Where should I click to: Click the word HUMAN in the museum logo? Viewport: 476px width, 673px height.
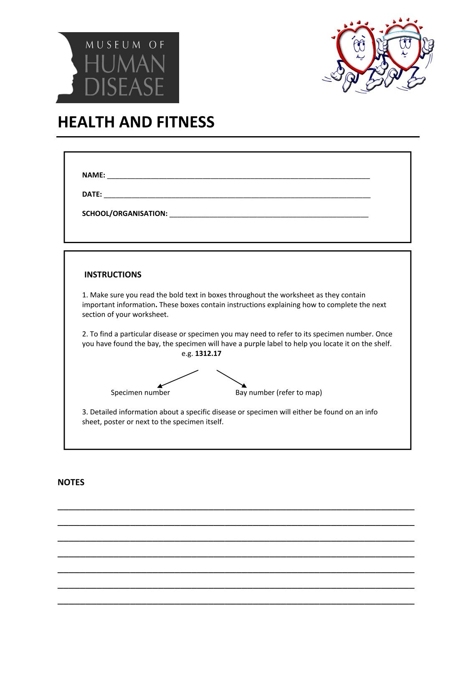click(124, 65)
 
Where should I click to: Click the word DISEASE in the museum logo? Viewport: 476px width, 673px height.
click(124, 86)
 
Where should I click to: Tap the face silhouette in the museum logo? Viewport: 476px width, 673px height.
click(67, 67)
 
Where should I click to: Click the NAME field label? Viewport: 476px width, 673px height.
click(93, 175)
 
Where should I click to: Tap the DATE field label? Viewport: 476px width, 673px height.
click(91, 194)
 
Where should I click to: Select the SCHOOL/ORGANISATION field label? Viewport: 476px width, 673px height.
click(124, 213)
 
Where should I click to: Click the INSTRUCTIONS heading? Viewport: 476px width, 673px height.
click(113, 274)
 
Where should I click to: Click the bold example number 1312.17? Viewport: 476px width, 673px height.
click(208, 353)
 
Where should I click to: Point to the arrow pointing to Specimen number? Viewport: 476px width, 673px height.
click(177, 378)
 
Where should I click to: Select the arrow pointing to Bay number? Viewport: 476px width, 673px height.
click(232, 378)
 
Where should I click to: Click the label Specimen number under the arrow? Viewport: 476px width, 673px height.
click(140, 392)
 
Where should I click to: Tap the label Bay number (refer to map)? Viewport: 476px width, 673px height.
click(279, 392)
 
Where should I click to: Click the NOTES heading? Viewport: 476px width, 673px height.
click(71, 482)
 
